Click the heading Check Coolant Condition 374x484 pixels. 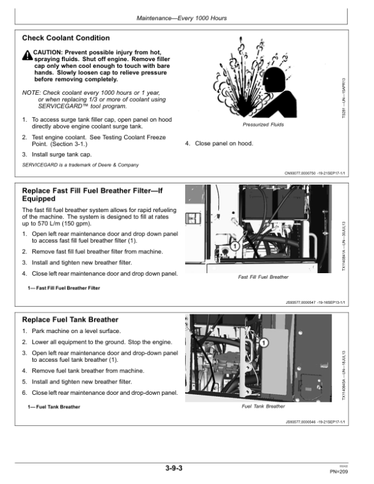(x=65, y=38)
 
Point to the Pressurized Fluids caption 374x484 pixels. (x=262, y=125)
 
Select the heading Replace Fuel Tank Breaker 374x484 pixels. (x=60, y=320)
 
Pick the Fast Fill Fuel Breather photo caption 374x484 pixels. (x=263, y=276)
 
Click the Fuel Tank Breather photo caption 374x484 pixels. (x=263, y=406)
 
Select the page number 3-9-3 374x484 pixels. (x=182, y=468)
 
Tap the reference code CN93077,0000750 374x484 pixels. (x=302, y=174)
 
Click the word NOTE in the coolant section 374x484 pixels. (x=31, y=92)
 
